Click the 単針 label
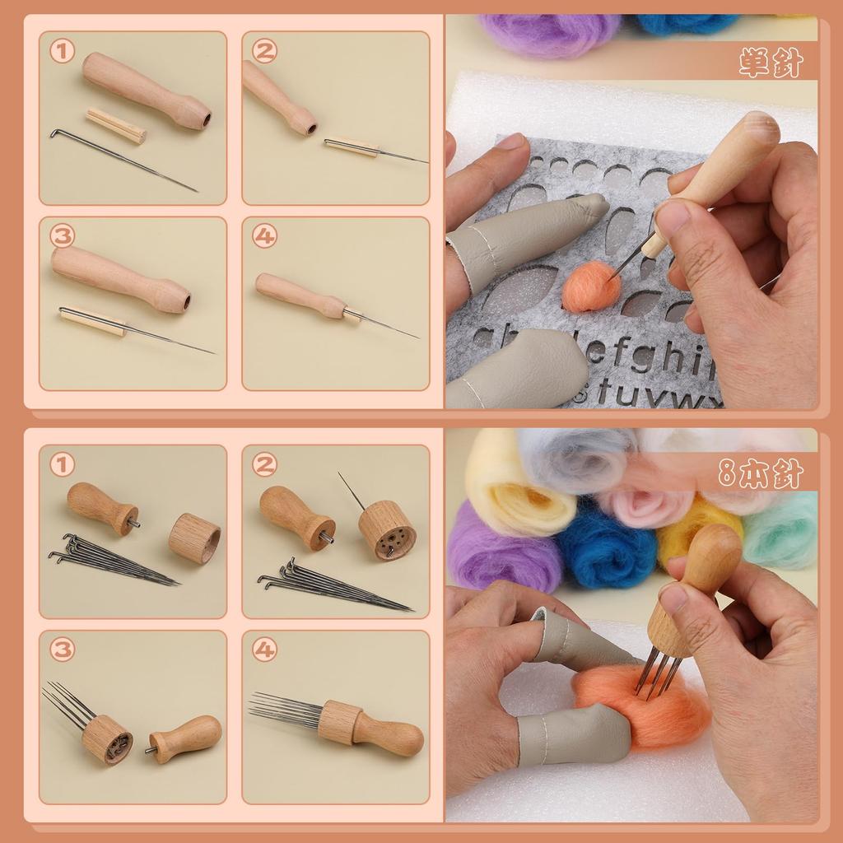click(770, 63)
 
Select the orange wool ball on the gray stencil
click(590, 287)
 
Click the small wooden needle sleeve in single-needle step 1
click(116, 125)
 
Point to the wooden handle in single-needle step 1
click(146, 90)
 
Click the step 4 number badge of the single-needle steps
click(264, 237)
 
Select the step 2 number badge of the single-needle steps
click(264, 52)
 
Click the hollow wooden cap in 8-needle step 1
click(194, 538)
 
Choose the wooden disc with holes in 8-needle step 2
click(387, 530)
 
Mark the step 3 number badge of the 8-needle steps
click(62, 650)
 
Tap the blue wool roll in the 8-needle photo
click(606, 547)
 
